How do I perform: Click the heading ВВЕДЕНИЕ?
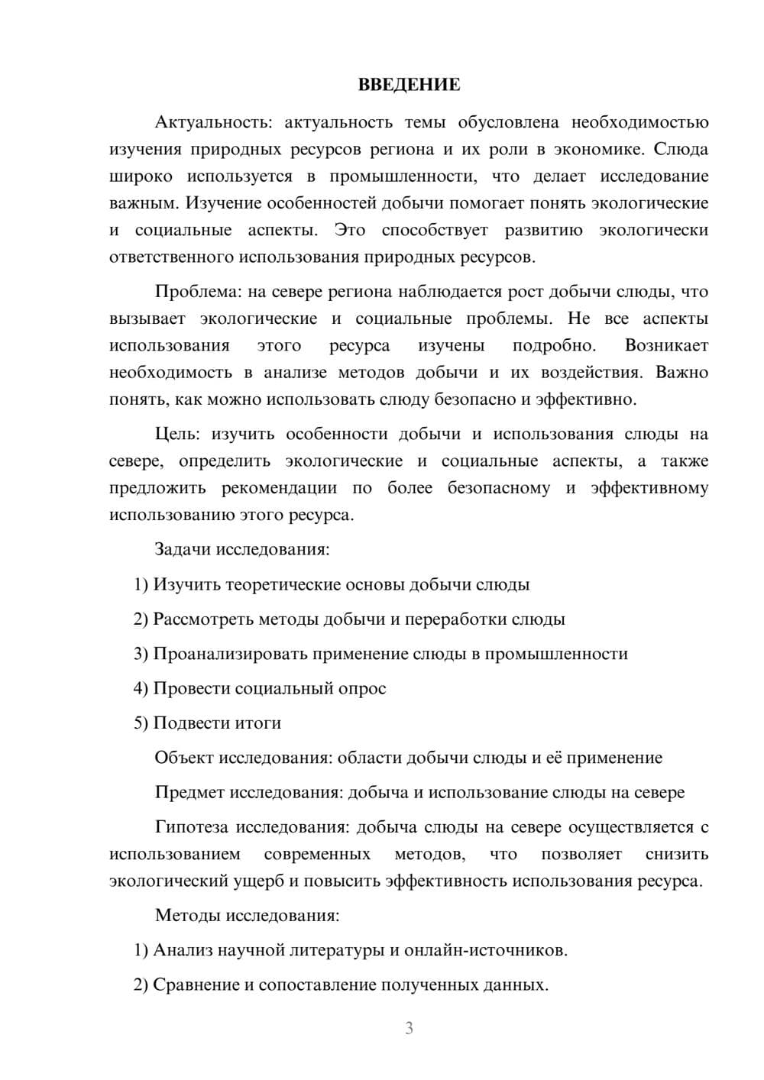tap(409, 85)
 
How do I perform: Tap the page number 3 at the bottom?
tap(409, 1028)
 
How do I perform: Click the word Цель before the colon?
tap(176, 434)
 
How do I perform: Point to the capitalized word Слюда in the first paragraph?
tap(681, 149)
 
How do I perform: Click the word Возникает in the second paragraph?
tap(666, 345)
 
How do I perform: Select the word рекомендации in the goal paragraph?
tap(279, 487)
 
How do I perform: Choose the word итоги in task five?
tap(258, 723)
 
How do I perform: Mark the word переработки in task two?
tap(455, 619)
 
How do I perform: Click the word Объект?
tap(184, 758)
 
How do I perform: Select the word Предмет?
tap(189, 792)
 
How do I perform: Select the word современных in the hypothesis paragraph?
tap(317, 854)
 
